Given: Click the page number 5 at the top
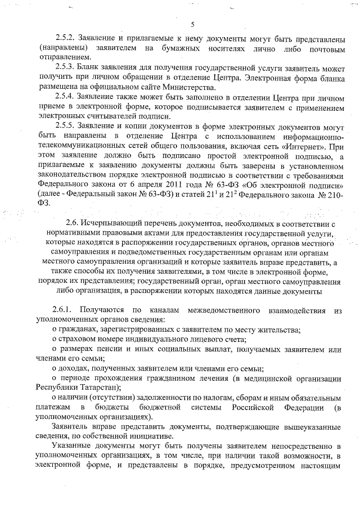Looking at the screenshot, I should (x=192, y=24).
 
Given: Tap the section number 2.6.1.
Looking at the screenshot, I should (x=62, y=310).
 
